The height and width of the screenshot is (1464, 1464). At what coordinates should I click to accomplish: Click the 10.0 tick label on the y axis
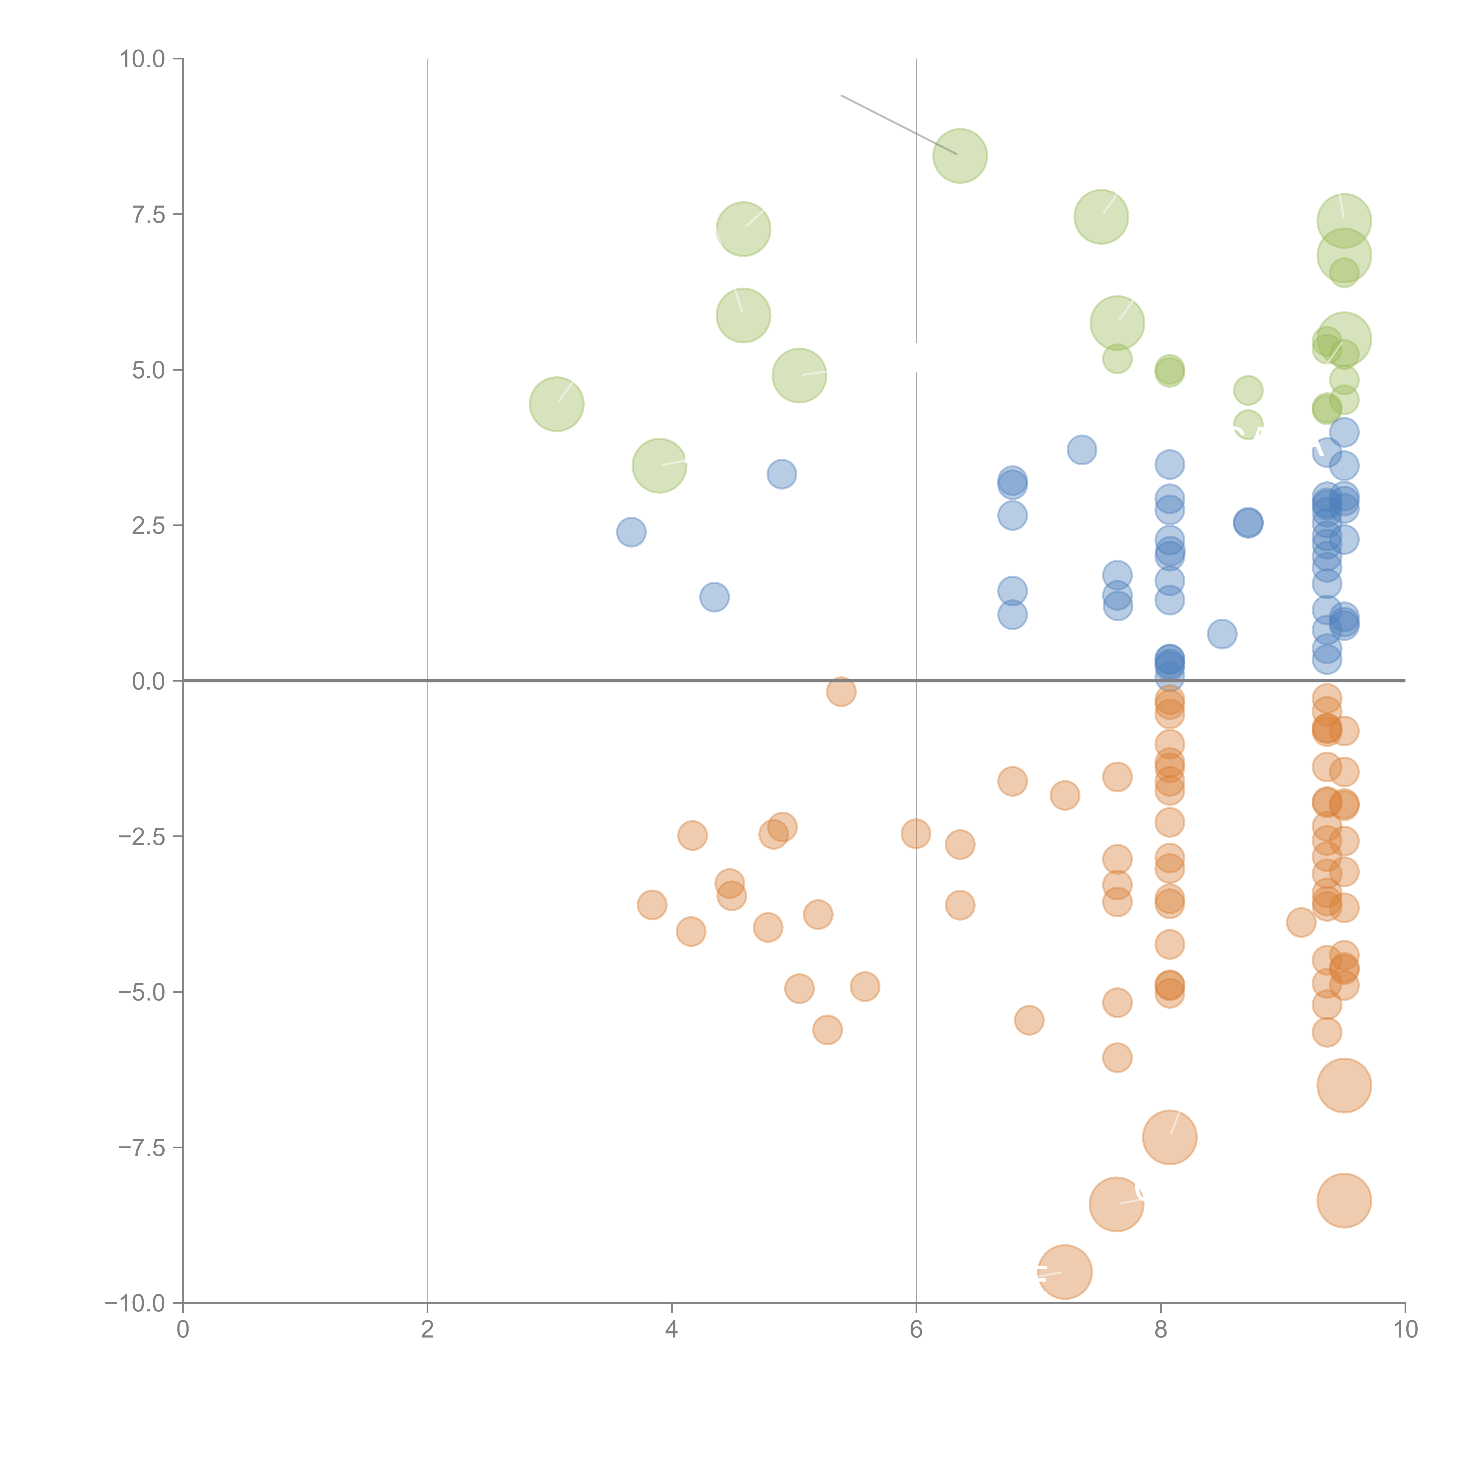coord(143,59)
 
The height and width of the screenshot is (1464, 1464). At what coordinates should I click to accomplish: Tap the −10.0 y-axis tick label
coord(136,1303)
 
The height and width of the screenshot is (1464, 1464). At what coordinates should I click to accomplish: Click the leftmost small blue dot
coord(631,532)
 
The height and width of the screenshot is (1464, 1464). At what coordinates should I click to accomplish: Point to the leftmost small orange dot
coord(652,905)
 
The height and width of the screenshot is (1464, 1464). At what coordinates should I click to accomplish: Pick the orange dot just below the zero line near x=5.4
coord(841,691)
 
